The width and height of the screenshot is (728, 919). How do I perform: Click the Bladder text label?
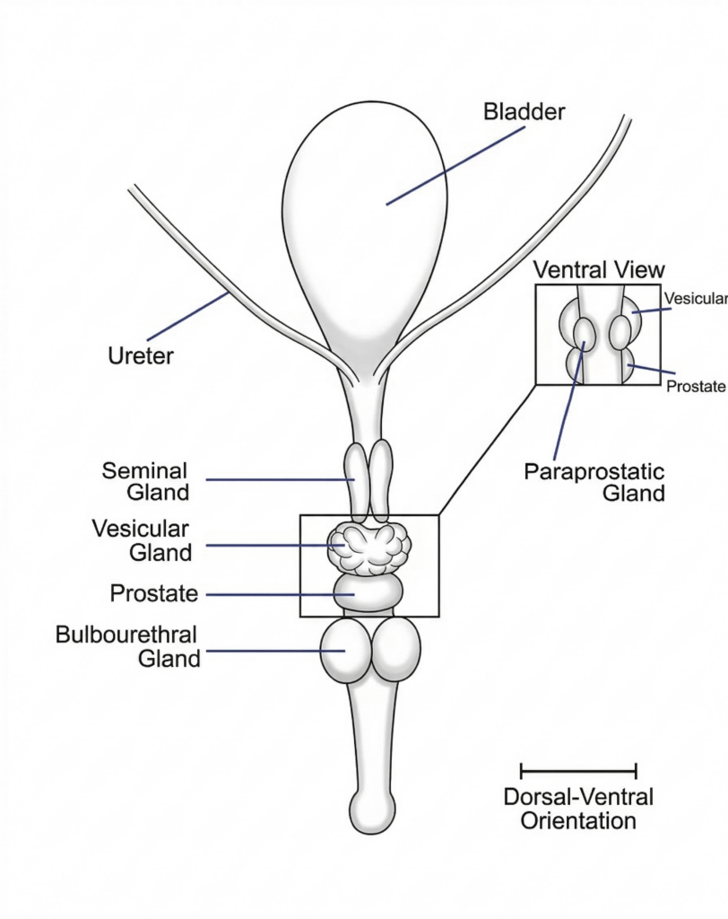coord(524,113)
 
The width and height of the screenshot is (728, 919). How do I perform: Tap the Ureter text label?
coord(141,355)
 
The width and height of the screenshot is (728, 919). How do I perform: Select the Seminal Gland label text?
coord(144,481)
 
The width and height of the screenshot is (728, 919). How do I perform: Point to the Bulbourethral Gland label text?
coord(127,646)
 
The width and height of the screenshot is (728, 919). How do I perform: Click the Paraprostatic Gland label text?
coord(594,482)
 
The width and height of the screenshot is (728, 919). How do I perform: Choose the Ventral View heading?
coord(599,269)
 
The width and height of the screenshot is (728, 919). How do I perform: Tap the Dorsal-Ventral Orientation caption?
coord(578,809)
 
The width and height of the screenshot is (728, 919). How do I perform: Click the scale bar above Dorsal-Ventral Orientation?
coord(578,770)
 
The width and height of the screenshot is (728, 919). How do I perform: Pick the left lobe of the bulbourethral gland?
coord(346,650)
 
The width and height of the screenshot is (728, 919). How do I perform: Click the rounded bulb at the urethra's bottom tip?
coord(370,812)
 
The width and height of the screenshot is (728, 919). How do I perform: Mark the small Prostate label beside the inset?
coord(695,386)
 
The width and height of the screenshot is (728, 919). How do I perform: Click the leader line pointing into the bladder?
coord(455,166)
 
